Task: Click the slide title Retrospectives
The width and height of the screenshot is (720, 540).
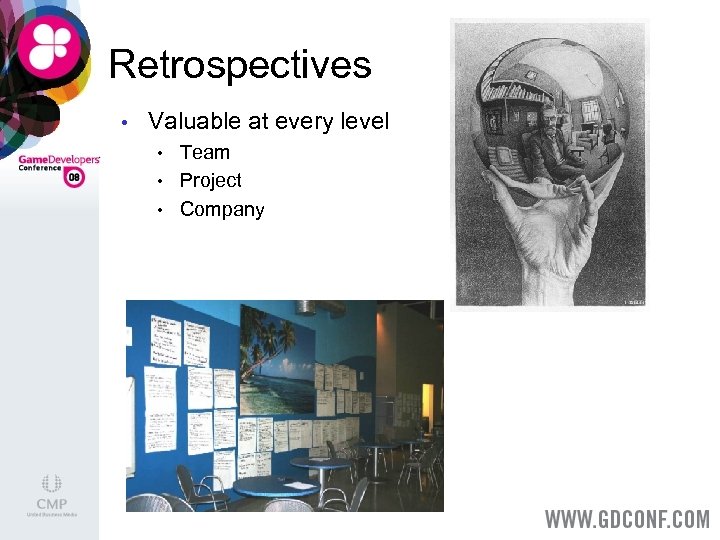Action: (240, 65)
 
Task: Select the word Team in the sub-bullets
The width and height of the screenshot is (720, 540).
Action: (205, 152)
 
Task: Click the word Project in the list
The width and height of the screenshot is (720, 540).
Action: (210, 181)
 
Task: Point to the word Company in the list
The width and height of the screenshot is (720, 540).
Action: (222, 210)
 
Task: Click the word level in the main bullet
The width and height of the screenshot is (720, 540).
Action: (363, 121)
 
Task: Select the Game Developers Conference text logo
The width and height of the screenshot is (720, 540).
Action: (58, 162)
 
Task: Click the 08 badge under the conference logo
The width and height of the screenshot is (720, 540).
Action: (73, 178)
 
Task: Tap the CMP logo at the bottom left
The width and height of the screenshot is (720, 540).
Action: (51, 497)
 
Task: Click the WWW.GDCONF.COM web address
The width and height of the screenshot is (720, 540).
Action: (626, 520)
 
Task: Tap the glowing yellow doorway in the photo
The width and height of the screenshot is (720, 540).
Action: (427, 405)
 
